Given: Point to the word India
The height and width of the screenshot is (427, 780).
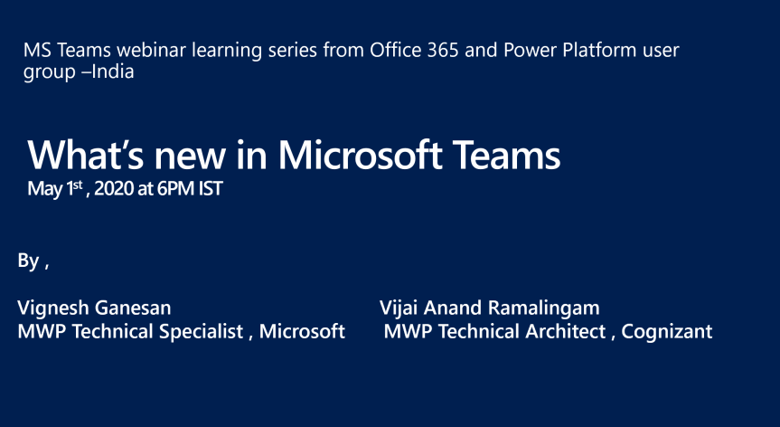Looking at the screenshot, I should point(113,72).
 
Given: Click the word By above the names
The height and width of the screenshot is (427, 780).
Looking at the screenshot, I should point(28,261).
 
